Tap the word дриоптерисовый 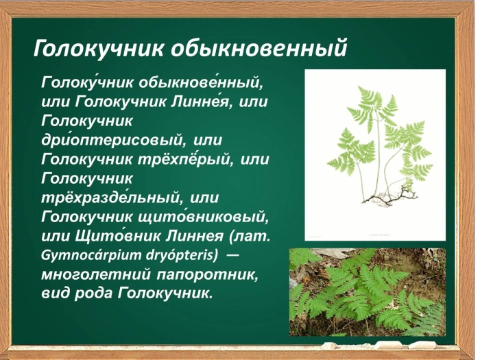[112, 141]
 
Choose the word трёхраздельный [112, 199]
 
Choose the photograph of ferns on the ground [367, 291]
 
